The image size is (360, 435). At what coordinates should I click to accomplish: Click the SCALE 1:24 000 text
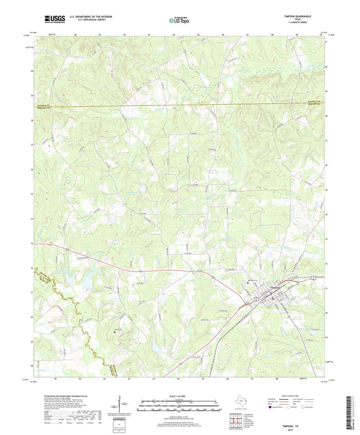(x=180, y=396)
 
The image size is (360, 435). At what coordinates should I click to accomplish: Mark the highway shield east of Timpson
(x=312, y=277)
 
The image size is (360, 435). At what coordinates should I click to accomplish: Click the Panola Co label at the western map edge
(x=44, y=103)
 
